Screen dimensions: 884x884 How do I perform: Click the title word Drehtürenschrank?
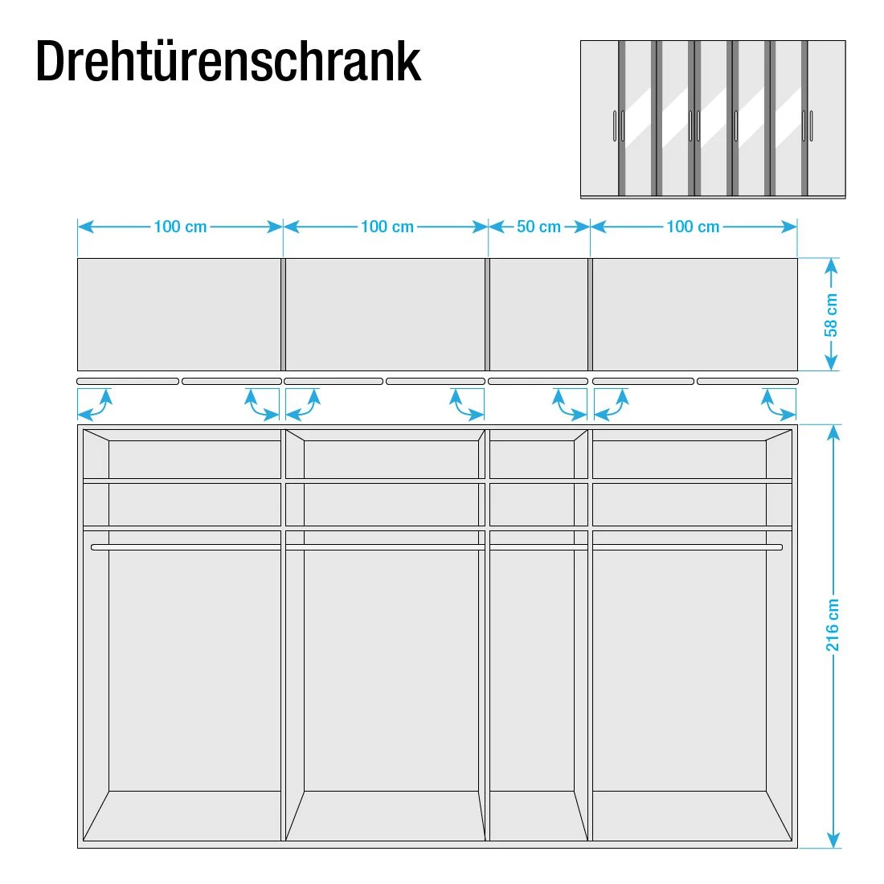coord(228,61)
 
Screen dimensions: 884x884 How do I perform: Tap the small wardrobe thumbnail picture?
coord(713,119)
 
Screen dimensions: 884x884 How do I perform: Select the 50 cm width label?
coord(538,227)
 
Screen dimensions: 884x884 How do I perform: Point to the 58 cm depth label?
coord(831,314)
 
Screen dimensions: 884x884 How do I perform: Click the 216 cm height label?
coord(833,624)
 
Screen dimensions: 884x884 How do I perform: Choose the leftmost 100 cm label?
coord(180,227)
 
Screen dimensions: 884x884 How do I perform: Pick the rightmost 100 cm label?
coord(693,227)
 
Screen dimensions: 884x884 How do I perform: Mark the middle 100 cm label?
coord(387,227)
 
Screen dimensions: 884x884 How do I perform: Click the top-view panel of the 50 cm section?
coord(539,314)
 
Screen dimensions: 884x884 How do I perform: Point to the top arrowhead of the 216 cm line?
coord(834,433)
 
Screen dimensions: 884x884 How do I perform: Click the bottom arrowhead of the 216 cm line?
coord(834,840)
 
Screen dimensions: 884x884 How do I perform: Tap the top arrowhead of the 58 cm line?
coord(831,266)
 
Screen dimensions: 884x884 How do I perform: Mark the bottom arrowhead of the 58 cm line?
coord(831,362)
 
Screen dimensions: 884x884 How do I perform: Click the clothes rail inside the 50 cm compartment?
coord(539,547)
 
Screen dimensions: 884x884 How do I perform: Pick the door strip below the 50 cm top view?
coord(538,382)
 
